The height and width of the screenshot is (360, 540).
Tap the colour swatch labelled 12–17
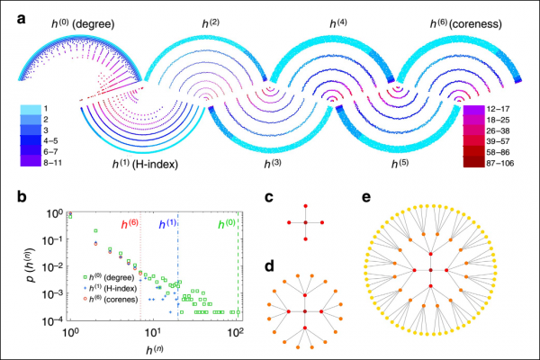[474, 109]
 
